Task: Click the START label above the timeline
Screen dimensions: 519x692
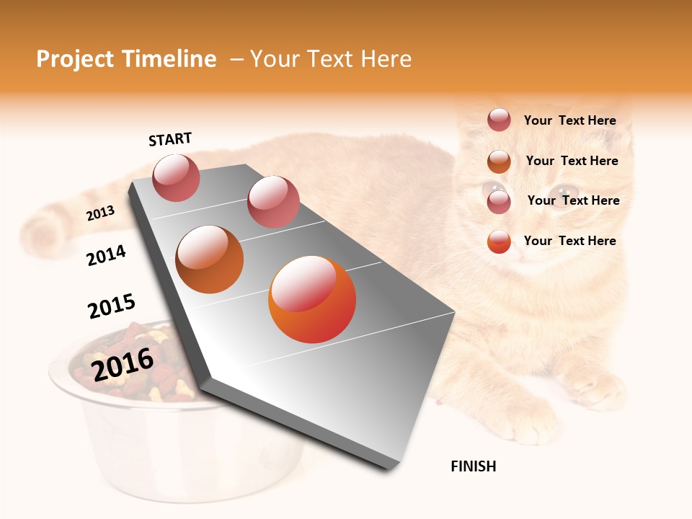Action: coord(170,139)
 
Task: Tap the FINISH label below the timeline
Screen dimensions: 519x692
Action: coord(473,466)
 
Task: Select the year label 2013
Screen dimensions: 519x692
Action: coord(100,213)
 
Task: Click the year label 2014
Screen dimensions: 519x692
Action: coord(106,256)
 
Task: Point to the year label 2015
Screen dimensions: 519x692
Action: coord(111,306)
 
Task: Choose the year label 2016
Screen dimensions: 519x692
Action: coord(123,365)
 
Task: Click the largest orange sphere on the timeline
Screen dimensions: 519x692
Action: coord(312,299)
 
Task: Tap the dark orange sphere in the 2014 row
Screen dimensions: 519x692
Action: coord(210,259)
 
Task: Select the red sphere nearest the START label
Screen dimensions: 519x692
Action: coord(176,177)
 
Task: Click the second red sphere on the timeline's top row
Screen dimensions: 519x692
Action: coord(273,202)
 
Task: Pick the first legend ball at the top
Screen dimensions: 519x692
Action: coord(499,120)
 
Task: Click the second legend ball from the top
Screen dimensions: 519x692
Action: coord(499,161)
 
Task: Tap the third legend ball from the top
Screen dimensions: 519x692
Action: coord(499,202)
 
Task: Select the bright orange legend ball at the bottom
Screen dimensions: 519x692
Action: coord(499,241)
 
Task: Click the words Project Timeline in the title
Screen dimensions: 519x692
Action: coord(126,59)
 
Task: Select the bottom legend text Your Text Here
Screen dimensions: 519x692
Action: coord(569,241)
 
